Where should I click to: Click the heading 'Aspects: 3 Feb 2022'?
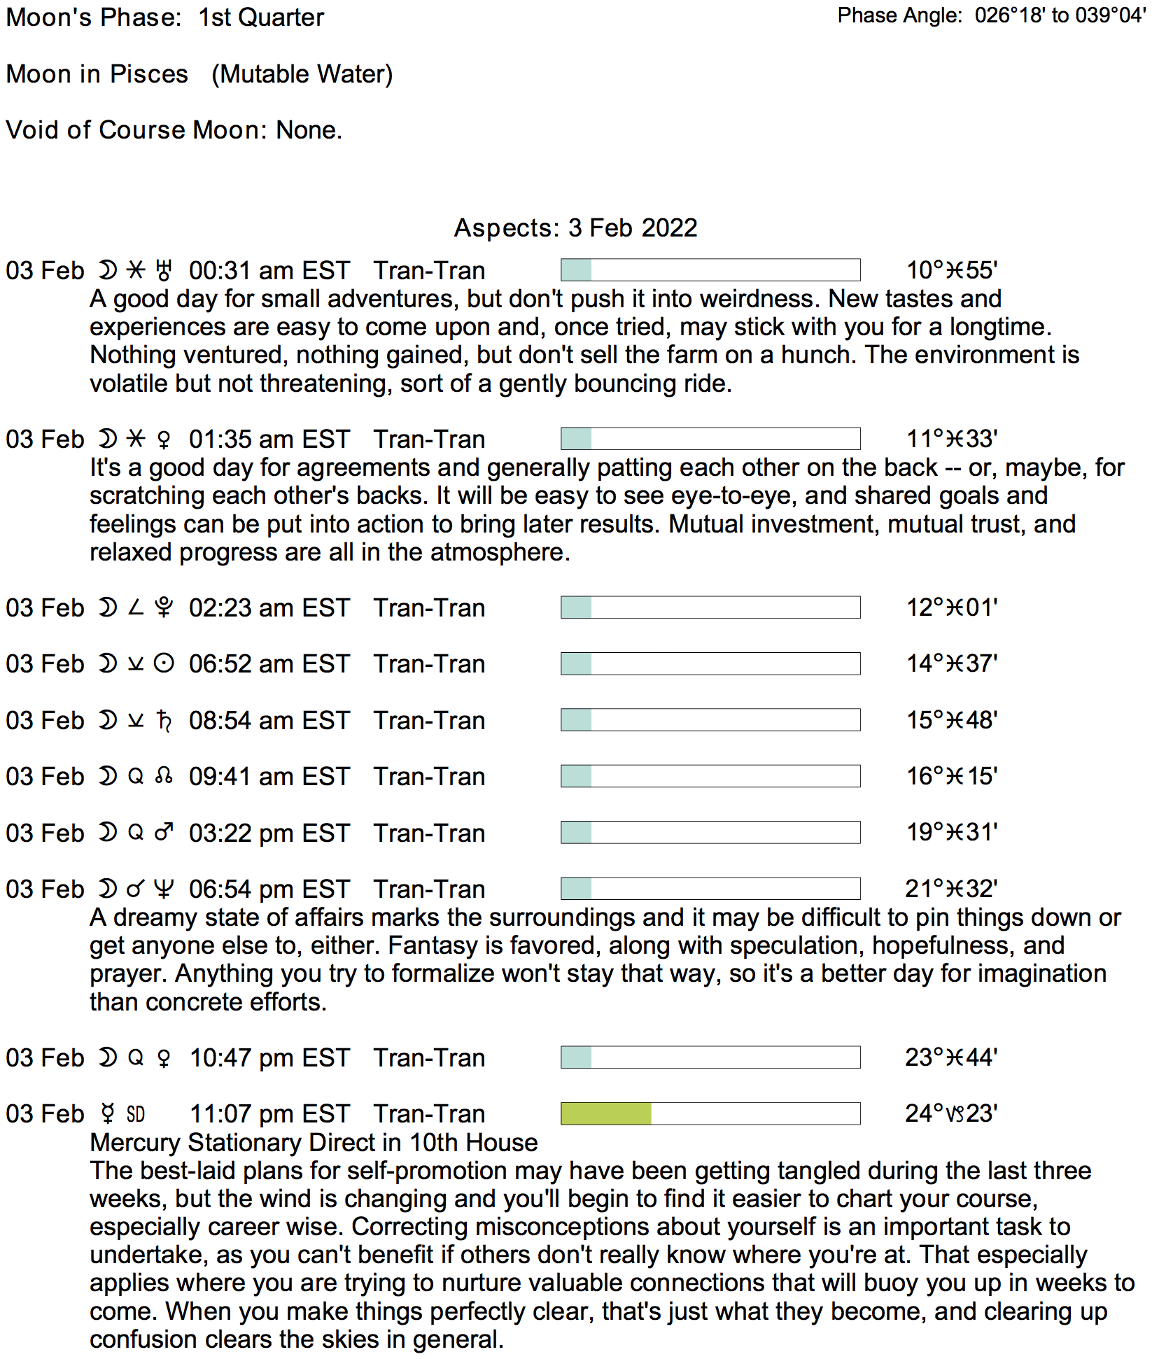tap(575, 228)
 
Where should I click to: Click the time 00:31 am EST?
tap(269, 271)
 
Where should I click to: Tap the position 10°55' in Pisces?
tap(952, 270)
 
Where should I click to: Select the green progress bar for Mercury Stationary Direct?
tap(606, 1113)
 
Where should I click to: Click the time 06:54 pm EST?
tap(269, 889)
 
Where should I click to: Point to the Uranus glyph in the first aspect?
tap(164, 271)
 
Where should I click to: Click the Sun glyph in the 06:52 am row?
tap(164, 663)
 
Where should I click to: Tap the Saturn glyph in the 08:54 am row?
tap(164, 720)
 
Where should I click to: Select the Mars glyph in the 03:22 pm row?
tap(164, 833)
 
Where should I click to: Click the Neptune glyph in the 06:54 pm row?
tap(164, 889)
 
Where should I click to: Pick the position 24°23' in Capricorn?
tap(951, 1113)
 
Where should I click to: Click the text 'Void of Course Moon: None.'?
tap(174, 130)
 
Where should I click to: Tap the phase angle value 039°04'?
tap(1111, 15)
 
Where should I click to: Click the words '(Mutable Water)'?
tap(302, 74)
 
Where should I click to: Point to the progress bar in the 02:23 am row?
tap(710, 607)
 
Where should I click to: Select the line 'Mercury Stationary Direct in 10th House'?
tap(314, 1143)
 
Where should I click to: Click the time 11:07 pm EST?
tap(269, 1114)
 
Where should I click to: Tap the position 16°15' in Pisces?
tap(952, 776)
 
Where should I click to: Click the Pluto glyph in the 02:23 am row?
tap(164, 607)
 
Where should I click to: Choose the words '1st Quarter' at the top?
tap(261, 17)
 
